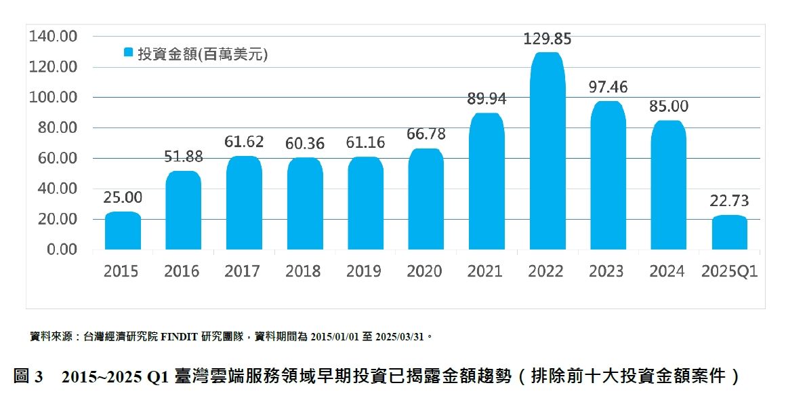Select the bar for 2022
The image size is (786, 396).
547,151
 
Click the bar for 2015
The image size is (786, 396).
123,231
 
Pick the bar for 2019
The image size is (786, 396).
365,203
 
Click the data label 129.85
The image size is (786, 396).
547,39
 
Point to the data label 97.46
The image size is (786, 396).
608,87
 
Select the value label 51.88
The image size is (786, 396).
183,157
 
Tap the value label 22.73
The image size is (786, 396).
729,201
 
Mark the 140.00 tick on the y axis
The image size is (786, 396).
54,37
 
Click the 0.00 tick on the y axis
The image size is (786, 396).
61,250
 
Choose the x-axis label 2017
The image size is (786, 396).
243,272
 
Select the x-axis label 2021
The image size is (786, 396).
485,272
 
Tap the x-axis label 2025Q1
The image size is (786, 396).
729,272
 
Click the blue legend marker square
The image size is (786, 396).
128,52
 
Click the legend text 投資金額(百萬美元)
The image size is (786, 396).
203,54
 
